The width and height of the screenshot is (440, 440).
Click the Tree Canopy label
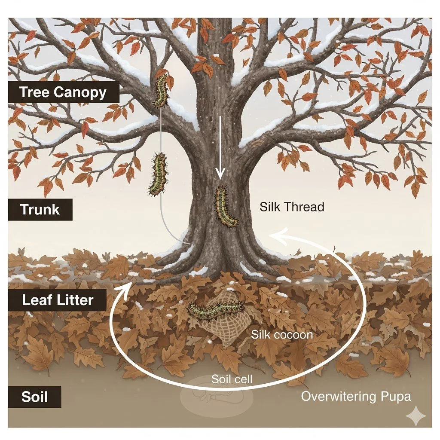pos(63,92)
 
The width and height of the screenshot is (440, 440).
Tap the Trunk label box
pos(40,210)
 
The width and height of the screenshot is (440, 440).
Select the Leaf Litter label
pos(57,299)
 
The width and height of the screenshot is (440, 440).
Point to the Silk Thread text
pos(292,207)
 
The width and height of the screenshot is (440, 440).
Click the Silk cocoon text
pos(282,334)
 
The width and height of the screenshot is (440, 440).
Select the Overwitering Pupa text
pos(356,396)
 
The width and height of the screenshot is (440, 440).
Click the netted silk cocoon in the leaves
pos(217,327)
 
